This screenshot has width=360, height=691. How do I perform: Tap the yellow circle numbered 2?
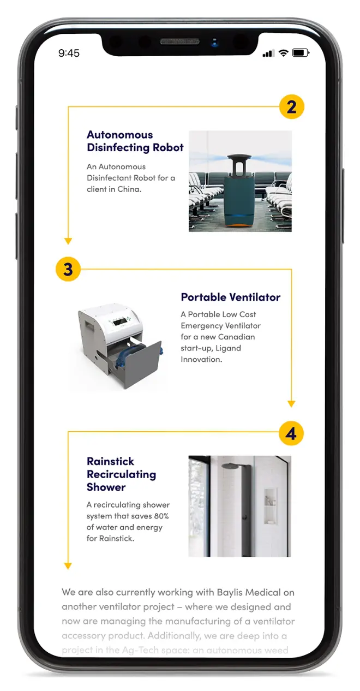(291, 106)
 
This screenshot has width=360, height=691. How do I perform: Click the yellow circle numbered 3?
(68, 270)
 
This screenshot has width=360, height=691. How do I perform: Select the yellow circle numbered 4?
(291, 433)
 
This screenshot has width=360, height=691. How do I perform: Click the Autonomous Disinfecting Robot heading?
(135, 141)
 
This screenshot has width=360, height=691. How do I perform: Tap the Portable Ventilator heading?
(231, 297)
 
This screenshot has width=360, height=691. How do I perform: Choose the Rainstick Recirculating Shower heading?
(121, 474)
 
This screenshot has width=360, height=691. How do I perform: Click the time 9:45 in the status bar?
(69, 53)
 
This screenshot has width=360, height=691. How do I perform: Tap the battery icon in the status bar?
(301, 53)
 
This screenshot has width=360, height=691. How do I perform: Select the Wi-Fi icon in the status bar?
(283, 53)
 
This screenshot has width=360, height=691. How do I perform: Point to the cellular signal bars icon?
(268, 53)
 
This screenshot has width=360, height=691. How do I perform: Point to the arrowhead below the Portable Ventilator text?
(291, 404)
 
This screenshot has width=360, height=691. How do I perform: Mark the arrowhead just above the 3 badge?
(68, 241)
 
